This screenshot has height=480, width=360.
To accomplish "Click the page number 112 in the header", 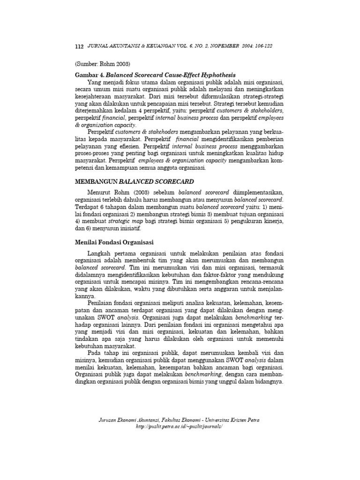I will pyautogui.click(x=79, y=47).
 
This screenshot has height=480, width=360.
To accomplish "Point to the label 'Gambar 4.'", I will pyautogui.click(x=90, y=75).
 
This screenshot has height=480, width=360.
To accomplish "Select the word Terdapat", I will pyautogui.click(x=87, y=206).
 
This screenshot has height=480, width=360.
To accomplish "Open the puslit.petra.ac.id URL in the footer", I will pyautogui.click(x=178, y=427).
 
